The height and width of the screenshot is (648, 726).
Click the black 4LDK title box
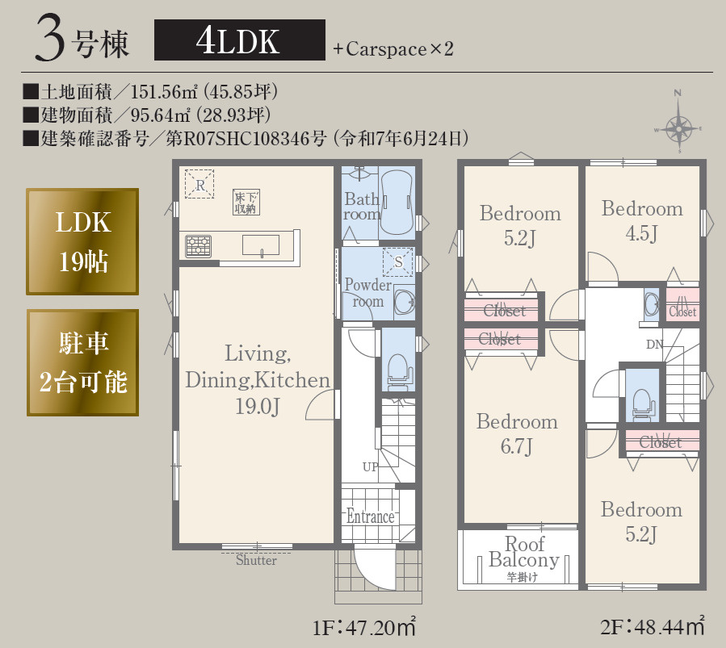(239, 40)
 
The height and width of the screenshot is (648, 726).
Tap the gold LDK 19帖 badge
(82, 241)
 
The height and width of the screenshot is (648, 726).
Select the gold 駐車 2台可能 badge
(82, 362)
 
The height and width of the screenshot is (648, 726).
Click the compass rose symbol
(680, 126)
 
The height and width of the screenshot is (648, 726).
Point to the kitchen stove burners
(198, 245)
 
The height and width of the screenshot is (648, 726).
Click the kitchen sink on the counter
(260, 245)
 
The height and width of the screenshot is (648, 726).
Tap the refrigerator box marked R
(199, 184)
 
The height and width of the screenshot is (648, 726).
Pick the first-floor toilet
(397, 367)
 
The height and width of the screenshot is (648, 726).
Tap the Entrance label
(370, 516)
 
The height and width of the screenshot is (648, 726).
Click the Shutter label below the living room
(256, 560)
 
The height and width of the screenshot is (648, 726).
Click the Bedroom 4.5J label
(642, 220)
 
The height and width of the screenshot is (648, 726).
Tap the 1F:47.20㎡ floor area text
(363, 626)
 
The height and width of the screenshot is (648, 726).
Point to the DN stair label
(654, 345)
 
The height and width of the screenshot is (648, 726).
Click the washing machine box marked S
(397, 261)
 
